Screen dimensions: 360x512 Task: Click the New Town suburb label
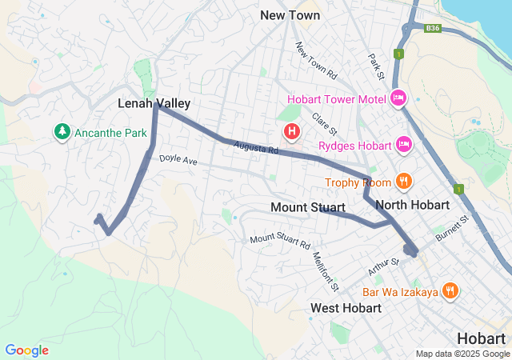click(290, 15)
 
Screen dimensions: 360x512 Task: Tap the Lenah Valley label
click(154, 103)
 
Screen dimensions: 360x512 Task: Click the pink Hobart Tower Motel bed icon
click(398, 99)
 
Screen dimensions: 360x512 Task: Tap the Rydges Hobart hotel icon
click(405, 145)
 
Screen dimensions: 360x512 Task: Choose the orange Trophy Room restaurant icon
click(404, 182)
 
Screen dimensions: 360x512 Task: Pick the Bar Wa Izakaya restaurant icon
click(450, 292)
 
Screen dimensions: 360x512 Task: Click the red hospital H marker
click(292, 130)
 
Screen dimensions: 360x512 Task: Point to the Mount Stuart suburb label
click(308, 208)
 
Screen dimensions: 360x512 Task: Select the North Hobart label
click(412, 205)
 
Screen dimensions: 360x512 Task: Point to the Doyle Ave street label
click(178, 160)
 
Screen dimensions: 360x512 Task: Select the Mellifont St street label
click(327, 270)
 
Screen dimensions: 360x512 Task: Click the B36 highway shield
click(433, 27)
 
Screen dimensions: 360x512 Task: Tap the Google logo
click(26, 350)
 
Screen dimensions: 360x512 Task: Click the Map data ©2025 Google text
click(462, 354)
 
